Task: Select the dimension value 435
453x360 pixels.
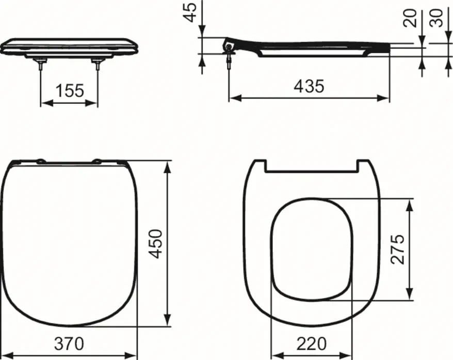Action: (x=309, y=86)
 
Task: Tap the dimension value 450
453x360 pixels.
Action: (x=156, y=244)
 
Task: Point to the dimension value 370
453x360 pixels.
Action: (x=69, y=343)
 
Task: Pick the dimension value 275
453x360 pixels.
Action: (x=397, y=248)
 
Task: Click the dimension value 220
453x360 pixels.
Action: (x=312, y=343)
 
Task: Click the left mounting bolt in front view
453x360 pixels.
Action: (x=40, y=63)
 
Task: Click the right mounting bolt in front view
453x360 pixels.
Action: (x=97, y=63)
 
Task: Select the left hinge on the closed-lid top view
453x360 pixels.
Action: (x=40, y=162)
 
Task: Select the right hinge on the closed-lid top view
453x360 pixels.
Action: (x=96, y=162)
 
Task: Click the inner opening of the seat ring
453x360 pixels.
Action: (x=312, y=248)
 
